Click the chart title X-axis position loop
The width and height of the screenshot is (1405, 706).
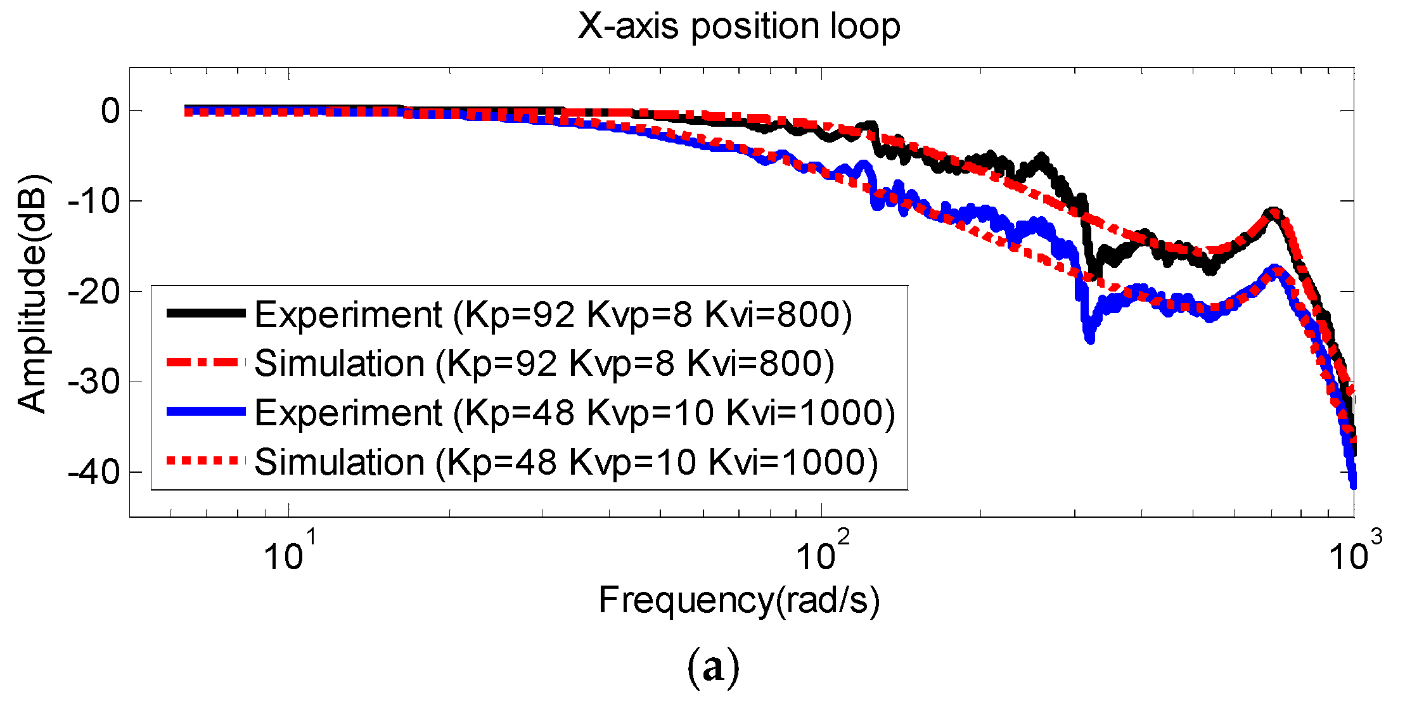739,27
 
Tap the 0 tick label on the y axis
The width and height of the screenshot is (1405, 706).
110,112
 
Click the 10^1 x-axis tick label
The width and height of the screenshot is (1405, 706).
289,553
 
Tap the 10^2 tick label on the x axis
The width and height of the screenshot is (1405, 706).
823,553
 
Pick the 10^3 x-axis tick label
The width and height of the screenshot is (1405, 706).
1355,553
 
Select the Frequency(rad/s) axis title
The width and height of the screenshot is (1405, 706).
739,600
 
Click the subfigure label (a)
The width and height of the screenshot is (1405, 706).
713,669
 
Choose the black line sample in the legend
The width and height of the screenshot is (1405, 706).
205,313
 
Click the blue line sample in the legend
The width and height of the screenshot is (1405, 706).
205,412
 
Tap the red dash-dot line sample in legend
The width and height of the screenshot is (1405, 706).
205,363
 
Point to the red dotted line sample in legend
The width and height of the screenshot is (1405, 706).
205,461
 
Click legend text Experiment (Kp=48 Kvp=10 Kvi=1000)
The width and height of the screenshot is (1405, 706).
574,413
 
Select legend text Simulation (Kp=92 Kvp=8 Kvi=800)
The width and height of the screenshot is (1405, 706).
544,363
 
